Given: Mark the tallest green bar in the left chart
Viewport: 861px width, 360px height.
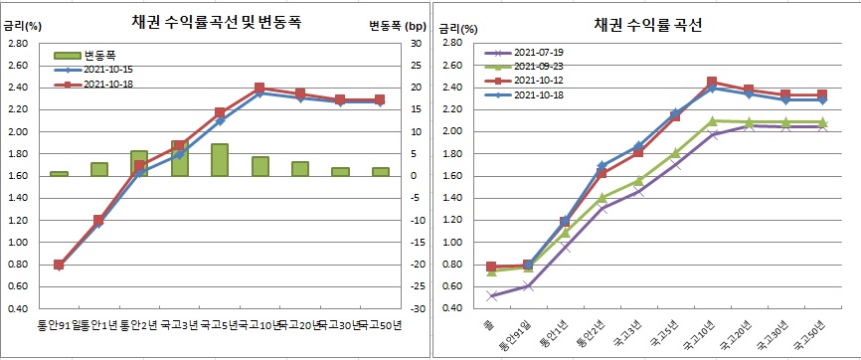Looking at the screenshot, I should click(179, 159).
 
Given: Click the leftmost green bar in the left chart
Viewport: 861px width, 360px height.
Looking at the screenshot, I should click(59, 174).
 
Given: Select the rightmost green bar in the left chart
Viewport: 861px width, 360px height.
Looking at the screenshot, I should click(380, 171).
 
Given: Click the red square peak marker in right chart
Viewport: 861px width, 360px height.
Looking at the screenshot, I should click(712, 83).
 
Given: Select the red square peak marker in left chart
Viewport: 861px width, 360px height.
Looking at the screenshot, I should click(259, 89).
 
